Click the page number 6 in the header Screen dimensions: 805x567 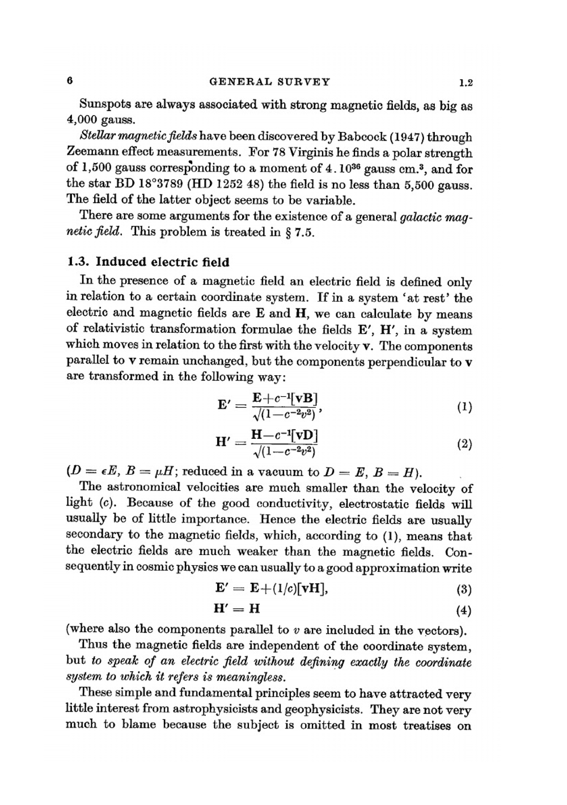pos(69,80)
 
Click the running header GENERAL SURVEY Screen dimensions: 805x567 pos(269,81)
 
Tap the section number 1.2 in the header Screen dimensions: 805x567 pos(466,83)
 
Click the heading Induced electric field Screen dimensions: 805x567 pos(163,262)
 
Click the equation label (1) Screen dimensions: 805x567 pos(464,406)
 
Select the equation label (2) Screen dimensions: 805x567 pos(464,444)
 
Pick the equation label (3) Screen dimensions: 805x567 pos(464,590)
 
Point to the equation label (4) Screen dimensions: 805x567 pos(464,611)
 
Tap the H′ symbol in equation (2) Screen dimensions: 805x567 pos(225,442)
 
